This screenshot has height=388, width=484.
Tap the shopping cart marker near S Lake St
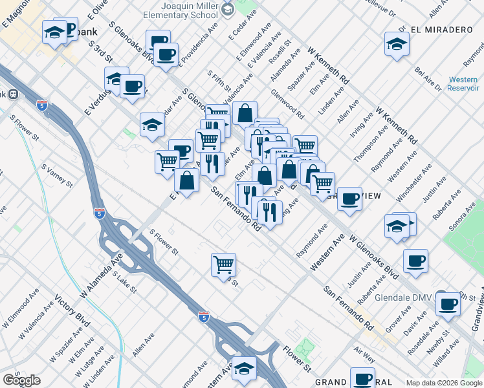223,264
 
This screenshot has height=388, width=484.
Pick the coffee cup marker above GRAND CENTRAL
362,378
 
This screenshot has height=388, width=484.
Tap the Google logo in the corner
21,381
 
